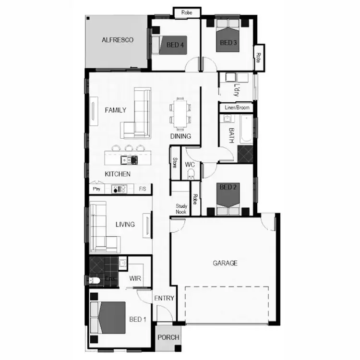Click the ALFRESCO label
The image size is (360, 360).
point(117,40)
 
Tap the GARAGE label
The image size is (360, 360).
point(225,263)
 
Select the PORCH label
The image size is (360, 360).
point(168,337)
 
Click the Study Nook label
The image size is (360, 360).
point(181,209)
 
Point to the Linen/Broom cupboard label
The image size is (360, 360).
point(237,108)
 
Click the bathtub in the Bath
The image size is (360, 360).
point(245,129)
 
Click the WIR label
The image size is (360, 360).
point(135,278)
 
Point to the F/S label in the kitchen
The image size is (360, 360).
point(143,189)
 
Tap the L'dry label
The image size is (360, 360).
point(236,90)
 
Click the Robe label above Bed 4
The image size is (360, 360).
point(186,13)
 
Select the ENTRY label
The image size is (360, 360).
point(164,298)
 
